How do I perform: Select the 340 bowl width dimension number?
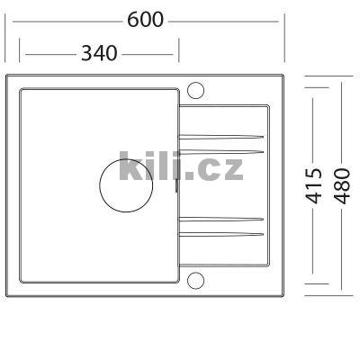tap(99, 53)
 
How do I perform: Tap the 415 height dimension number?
tap(314, 184)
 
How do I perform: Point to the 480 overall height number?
tap(342, 184)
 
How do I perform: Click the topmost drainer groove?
tap(221, 135)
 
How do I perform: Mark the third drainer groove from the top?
tap(221, 219)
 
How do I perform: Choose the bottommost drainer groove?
tap(221, 234)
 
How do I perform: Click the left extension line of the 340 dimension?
tap(18, 49)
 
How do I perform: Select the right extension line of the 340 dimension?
tap(179, 49)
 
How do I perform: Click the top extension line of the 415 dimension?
tap(310, 87)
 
